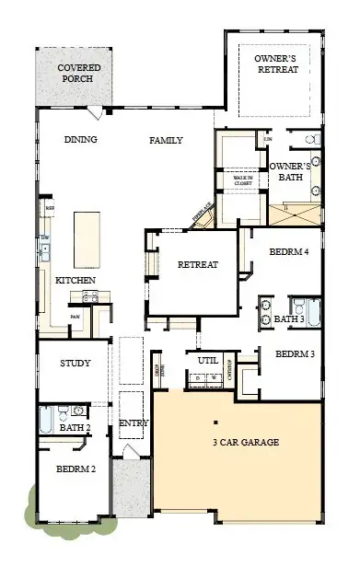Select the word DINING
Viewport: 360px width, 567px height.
coord(81,141)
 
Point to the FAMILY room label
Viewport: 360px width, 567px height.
coord(167,141)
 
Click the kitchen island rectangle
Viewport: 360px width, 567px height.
coord(87,238)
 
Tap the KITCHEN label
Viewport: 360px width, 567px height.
coord(76,280)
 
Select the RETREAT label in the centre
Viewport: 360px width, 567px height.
coord(198,265)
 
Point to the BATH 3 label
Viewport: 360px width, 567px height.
coord(288,319)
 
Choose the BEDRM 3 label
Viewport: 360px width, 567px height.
coord(295,353)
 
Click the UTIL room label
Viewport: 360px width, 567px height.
coord(208,361)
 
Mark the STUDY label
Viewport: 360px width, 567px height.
coord(75,364)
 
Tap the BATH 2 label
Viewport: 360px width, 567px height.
coord(75,428)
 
